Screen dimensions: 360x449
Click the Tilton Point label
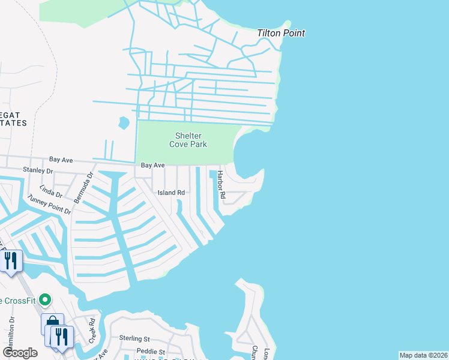click(x=281, y=33)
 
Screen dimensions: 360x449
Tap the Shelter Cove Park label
click(x=190, y=140)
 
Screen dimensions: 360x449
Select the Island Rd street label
click(x=171, y=193)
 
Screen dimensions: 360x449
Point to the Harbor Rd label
click(x=221, y=185)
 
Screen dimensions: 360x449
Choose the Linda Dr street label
click(x=51, y=190)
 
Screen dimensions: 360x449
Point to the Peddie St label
click(x=150, y=351)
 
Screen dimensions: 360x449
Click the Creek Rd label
click(x=92, y=330)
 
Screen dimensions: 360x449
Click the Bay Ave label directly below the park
click(x=152, y=165)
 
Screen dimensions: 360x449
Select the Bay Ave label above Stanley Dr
click(x=61, y=160)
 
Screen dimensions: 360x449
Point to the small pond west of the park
click(x=124, y=123)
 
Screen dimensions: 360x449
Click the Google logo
click(x=20, y=353)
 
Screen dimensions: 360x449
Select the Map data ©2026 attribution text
click(x=423, y=355)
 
